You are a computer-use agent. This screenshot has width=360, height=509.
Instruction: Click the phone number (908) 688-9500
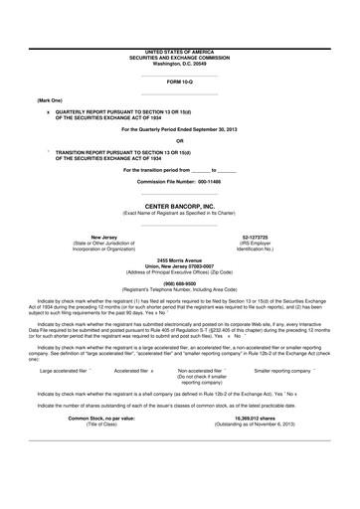180,280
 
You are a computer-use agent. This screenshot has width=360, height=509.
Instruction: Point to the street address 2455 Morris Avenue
180,258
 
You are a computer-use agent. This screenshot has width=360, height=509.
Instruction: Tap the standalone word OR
180,140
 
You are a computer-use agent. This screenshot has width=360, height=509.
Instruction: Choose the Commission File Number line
180,183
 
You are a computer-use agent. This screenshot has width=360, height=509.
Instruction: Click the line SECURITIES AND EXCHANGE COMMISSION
180,56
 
